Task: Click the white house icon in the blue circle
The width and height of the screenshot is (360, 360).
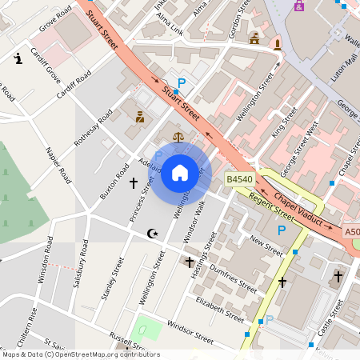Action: [180, 172]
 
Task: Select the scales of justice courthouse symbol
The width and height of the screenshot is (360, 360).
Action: [178, 137]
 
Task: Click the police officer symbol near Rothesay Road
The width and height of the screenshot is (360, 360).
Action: [140, 117]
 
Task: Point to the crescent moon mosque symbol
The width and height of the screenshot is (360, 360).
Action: [153, 234]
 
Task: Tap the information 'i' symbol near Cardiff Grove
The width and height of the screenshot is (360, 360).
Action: [18, 58]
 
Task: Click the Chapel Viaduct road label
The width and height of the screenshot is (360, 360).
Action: [301, 210]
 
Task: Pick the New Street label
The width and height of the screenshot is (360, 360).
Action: [266, 245]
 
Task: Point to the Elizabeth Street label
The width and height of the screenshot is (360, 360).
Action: [219, 309]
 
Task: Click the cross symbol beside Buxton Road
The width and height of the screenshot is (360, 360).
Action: [134, 183]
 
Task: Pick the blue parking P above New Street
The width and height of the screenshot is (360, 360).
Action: [281, 230]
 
